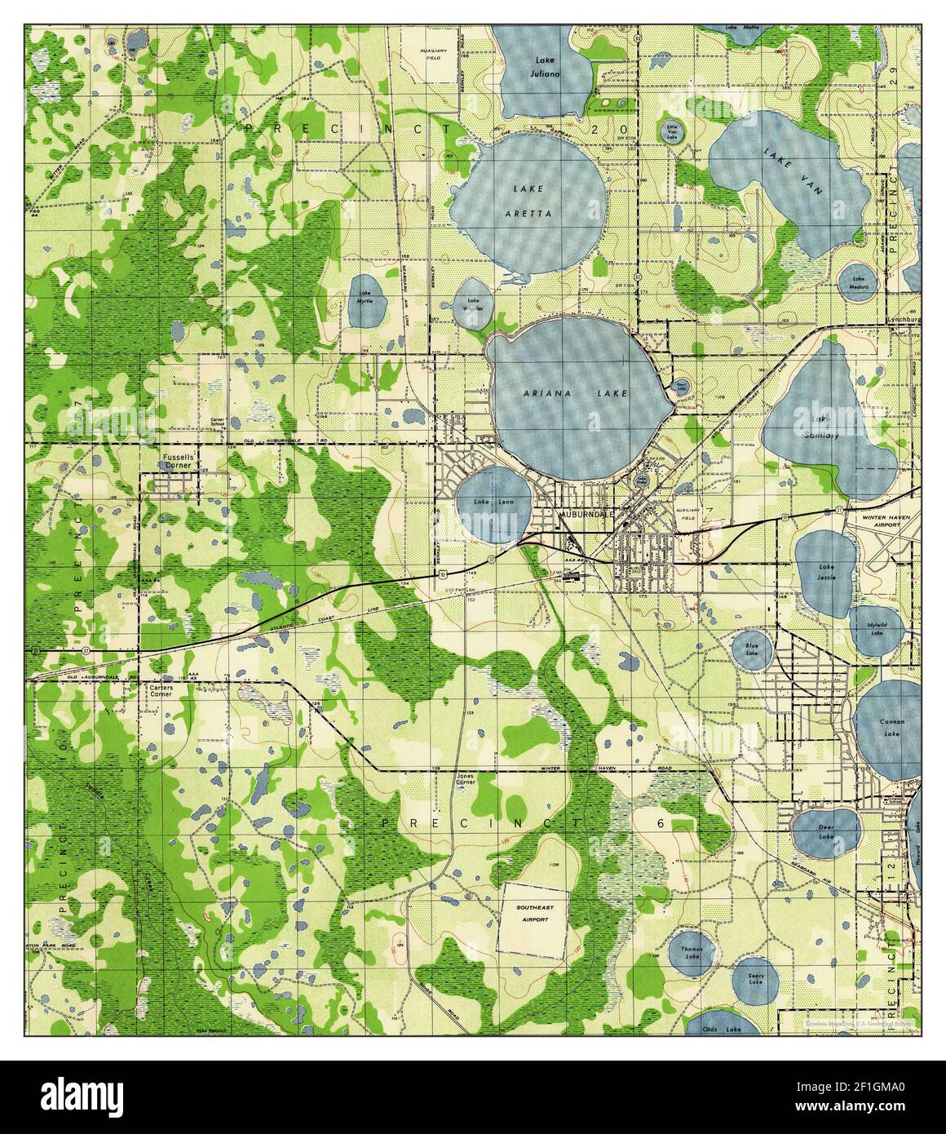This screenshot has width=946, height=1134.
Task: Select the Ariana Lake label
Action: [x=576, y=393]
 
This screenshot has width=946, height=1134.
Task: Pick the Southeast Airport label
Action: [x=531, y=913]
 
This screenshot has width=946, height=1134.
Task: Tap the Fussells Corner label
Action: [x=178, y=463]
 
